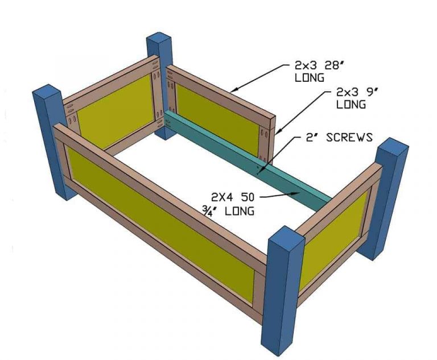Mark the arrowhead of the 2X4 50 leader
pyautogui.click(x=300, y=193)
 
